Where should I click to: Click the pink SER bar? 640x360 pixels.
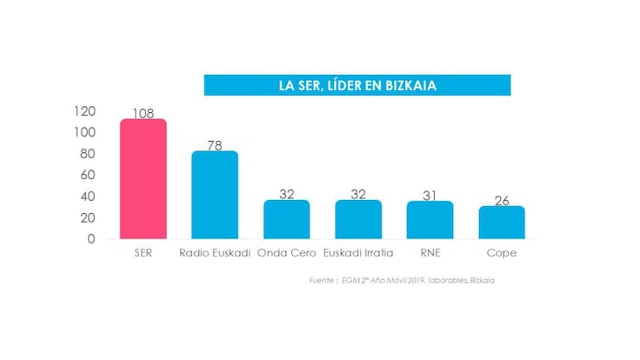[143, 179]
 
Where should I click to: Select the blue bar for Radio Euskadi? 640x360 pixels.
[215, 195]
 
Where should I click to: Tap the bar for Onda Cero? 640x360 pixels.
[287, 219]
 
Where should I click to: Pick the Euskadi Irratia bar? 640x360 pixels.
[358, 219]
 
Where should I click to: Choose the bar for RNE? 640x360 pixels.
[430, 220]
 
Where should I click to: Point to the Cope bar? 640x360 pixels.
[502, 222]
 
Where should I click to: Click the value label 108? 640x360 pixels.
[143, 113]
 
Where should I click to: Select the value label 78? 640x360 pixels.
[215, 145]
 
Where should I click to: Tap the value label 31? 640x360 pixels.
[430, 195]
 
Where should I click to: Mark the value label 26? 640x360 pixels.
[502, 200]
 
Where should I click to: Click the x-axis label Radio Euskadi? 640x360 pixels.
[215, 253]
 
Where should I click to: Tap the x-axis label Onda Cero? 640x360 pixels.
[287, 253]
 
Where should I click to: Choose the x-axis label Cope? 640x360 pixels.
[502, 253]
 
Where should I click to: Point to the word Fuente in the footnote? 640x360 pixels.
[323, 280]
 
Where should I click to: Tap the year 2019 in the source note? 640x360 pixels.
[413, 280]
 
